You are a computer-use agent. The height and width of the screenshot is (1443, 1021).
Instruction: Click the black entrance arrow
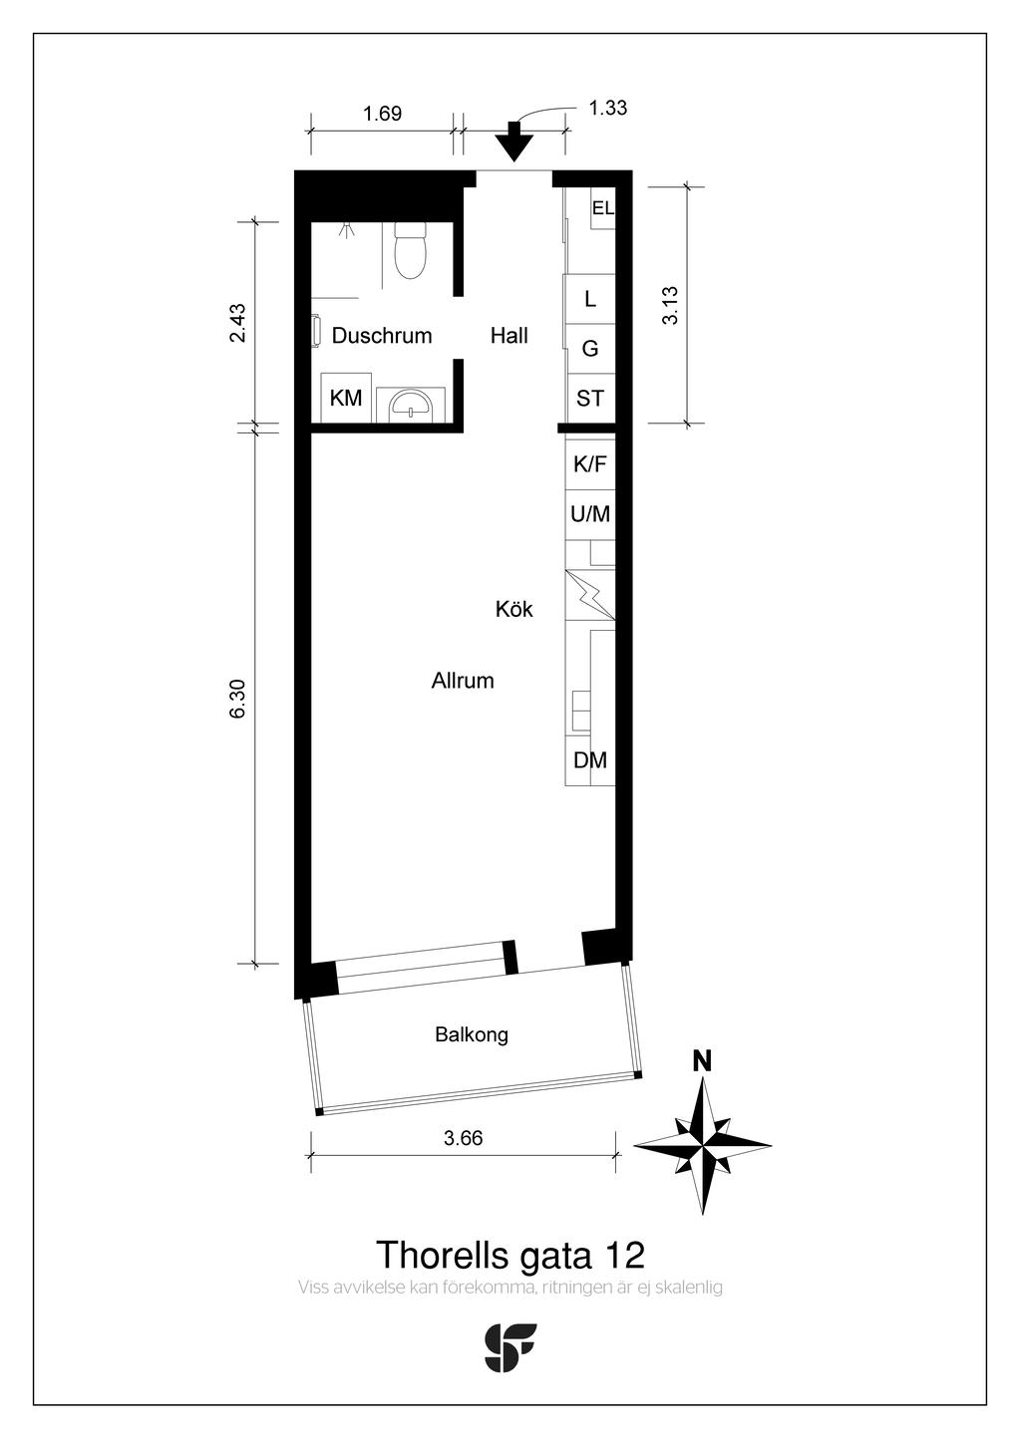[x=513, y=142]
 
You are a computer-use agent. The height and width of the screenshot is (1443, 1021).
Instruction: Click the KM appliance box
[x=346, y=398]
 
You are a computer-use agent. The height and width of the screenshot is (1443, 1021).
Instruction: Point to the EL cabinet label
[x=602, y=208]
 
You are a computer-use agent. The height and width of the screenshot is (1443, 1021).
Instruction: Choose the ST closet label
[x=590, y=399]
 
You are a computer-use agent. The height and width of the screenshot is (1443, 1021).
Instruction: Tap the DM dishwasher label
[x=590, y=760]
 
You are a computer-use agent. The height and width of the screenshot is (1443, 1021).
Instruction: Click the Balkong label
[x=472, y=1035]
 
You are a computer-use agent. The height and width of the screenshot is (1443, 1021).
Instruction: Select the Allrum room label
[x=463, y=681]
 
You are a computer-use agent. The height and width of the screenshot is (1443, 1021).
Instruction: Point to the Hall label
[x=509, y=336]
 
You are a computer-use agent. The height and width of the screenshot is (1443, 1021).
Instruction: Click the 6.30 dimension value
[x=238, y=699]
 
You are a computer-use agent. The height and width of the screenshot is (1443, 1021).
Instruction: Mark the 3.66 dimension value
[x=463, y=1138]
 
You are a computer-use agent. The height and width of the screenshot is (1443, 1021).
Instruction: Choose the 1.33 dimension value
[x=608, y=108]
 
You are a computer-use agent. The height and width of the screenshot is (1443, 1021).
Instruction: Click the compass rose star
[x=703, y=1146]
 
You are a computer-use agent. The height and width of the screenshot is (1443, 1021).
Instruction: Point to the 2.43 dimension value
[x=238, y=323]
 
